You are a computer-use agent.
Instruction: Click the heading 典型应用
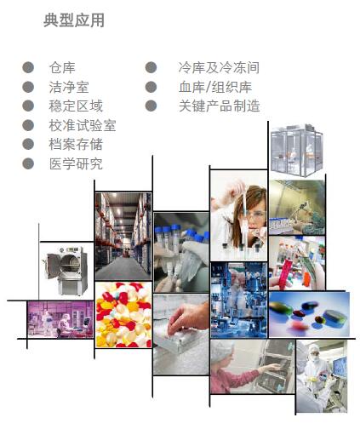click(74, 20)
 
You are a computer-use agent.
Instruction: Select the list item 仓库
click(62, 68)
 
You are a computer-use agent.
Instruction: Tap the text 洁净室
click(69, 87)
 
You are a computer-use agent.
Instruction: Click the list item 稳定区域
click(76, 106)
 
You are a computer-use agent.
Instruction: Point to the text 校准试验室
click(83, 125)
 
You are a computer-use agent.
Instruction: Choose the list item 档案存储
click(76, 145)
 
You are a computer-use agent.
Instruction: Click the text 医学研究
click(76, 163)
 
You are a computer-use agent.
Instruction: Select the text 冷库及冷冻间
click(219, 68)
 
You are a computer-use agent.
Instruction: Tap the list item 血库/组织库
click(215, 87)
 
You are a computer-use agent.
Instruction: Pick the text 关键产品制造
click(220, 106)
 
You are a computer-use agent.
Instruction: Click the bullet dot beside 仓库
click(28, 68)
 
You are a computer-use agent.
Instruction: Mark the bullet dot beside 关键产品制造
click(151, 106)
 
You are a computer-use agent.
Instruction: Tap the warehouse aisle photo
click(123, 236)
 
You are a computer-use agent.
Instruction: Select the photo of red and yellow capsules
click(123, 315)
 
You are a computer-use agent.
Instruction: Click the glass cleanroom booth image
click(297, 151)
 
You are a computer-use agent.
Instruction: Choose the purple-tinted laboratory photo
click(60, 319)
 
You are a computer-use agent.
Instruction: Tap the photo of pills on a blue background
click(309, 314)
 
